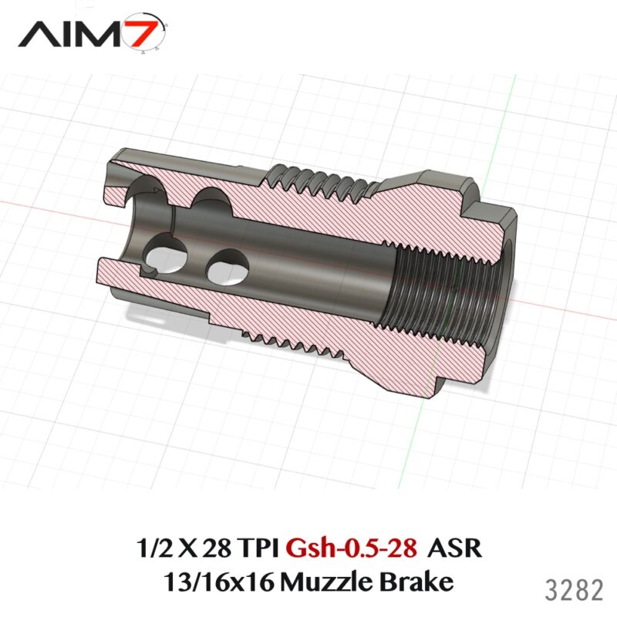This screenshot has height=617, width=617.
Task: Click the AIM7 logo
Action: coord(93,35)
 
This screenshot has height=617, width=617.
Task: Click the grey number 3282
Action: coord(574,591)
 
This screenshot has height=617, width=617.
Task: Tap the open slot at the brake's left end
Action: coord(116,231)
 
